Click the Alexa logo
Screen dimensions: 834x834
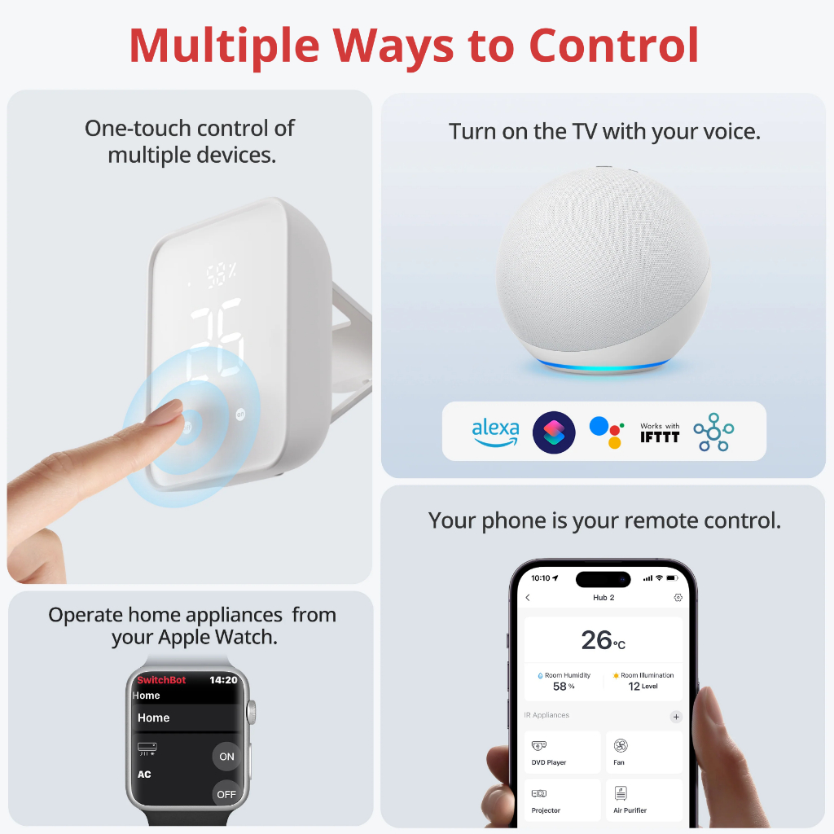(495, 432)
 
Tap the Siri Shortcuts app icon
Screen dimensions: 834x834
(554, 432)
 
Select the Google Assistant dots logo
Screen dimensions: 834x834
(606, 432)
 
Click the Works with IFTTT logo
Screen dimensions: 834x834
(660, 433)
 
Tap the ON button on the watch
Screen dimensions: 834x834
(226, 757)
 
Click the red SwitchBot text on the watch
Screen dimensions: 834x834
(161, 680)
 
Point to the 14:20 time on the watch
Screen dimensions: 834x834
(223, 680)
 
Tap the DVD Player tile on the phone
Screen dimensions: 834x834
(562, 752)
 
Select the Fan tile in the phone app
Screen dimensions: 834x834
(644, 752)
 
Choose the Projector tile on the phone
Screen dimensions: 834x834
(562, 801)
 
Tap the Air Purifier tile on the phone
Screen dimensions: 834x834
(644, 801)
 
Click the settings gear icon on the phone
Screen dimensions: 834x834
(678, 597)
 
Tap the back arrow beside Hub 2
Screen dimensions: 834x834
(528, 597)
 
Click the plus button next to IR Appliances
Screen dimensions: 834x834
(676, 717)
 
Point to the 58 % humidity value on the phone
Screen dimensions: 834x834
(564, 686)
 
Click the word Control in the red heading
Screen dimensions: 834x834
(614, 46)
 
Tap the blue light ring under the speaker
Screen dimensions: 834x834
(604, 366)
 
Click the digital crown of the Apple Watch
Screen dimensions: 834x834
(252, 712)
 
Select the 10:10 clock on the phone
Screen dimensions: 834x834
(541, 578)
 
